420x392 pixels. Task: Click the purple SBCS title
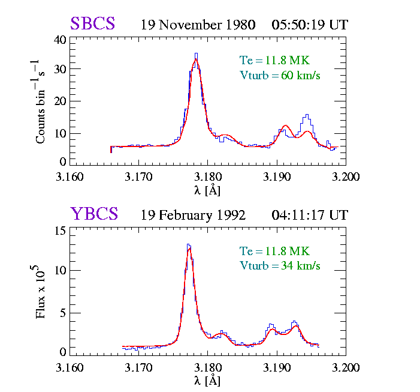(93, 24)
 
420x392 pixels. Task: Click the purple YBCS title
(94, 214)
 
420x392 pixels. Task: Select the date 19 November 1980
(198, 25)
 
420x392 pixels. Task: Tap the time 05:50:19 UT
(309, 25)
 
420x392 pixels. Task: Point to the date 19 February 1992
(193, 216)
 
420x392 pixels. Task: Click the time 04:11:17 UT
(309, 216)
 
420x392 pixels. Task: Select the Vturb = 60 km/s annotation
(280, 75)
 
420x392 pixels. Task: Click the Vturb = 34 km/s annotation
(280, 265)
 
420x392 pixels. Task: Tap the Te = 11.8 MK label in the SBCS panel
(274, 60)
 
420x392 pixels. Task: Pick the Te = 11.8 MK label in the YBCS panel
(274, 251)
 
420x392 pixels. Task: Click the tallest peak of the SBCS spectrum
(196, 55)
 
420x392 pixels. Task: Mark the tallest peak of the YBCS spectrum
(189, 245)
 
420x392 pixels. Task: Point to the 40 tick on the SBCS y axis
(60, 40)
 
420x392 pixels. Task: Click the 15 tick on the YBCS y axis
(60, 231)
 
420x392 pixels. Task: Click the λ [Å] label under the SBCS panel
(207, 190)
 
